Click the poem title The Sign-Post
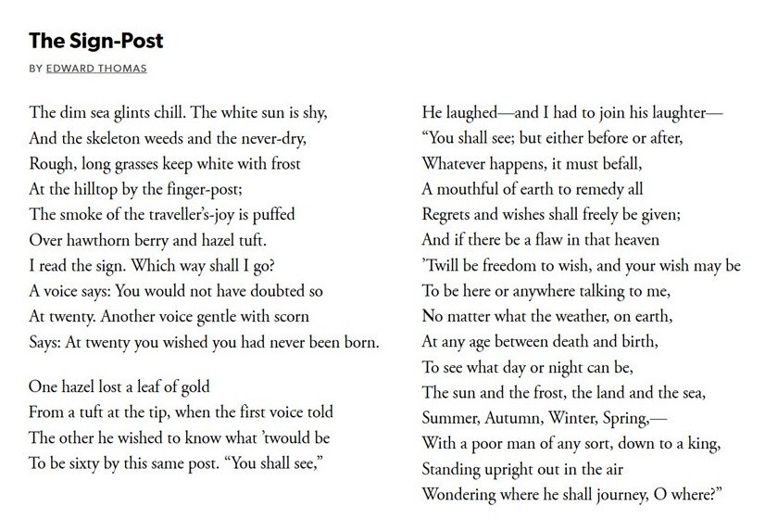point(96,42)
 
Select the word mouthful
point(467,189)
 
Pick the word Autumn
point(520,417)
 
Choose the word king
point(706,443)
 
